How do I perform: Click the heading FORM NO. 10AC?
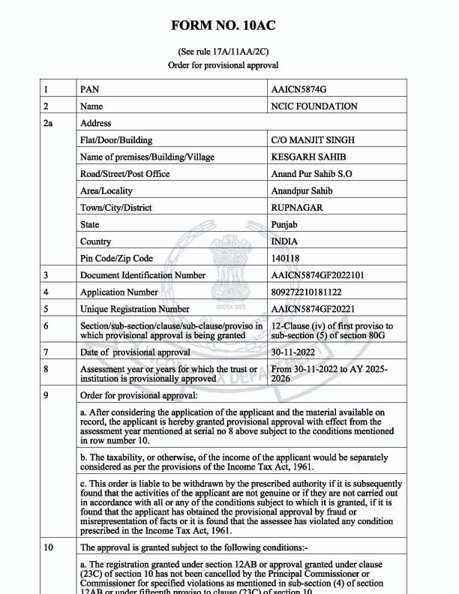[x=223, y=25]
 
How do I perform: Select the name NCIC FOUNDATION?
[x=314, y=106]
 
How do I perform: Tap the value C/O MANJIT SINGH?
[x=313, y=140]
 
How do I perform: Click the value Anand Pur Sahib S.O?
[x=311, y=174]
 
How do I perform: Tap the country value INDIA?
[x=284, y=241]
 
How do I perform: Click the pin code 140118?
[x=285, y=258]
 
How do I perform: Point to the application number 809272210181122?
[x=306, y=292]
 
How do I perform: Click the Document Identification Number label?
[x=142, y=275]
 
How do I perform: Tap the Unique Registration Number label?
[x=135, y=309]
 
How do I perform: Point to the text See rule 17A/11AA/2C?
[x=223, y=52]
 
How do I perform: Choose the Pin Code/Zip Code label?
[x=116, y=258]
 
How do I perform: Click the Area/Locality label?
[x=106, y=190]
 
